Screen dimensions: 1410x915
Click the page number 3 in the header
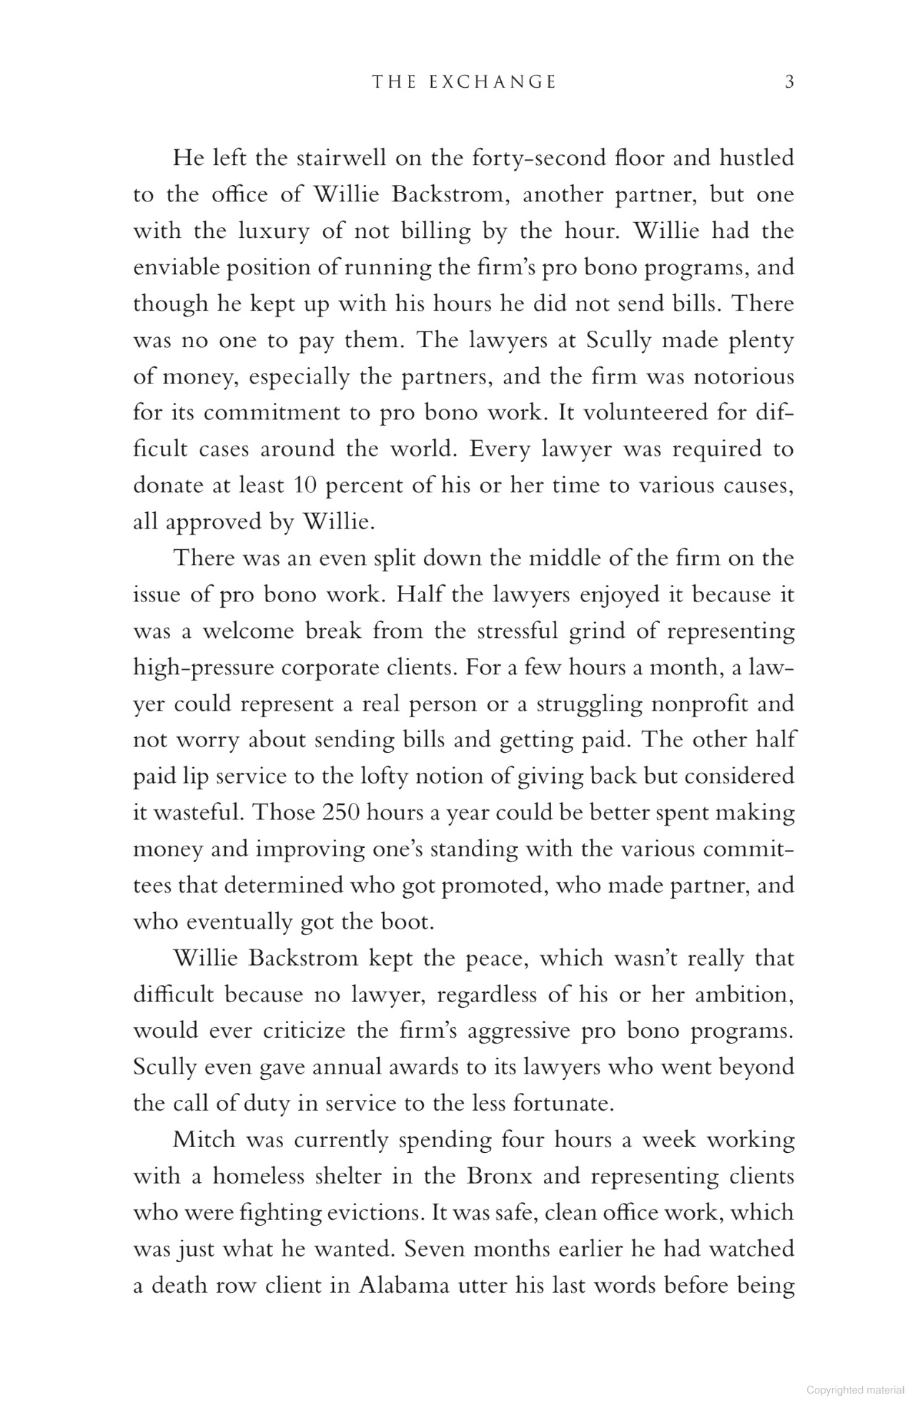[x=789, y=82]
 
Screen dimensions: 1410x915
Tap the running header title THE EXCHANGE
[x=464, y=82]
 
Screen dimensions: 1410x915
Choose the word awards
[x=432, y=1067]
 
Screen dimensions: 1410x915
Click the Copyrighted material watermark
[x=854, y=1391]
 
